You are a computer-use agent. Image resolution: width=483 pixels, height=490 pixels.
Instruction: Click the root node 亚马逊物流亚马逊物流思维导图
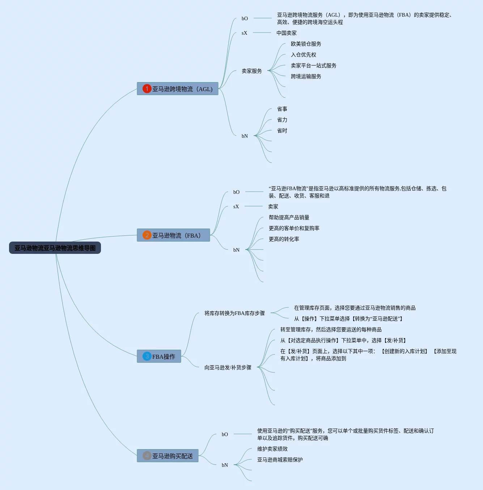click(x=55, y=248)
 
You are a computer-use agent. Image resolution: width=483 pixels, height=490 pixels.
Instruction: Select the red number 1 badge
click(x=147, y=89)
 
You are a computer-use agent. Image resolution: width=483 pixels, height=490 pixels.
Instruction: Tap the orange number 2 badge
click(x=147, y=235)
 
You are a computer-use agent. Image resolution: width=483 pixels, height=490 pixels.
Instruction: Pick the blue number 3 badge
click(x=147, y=356)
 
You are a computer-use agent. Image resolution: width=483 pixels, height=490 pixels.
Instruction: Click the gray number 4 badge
click(x=147, y=456)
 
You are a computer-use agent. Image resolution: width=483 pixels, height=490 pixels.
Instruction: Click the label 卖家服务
click(x=252, y=71)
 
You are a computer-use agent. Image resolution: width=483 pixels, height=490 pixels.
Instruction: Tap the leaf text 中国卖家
click(x=287, y=33)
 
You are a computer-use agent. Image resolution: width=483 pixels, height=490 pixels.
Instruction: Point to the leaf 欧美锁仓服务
click(x=306, y=44)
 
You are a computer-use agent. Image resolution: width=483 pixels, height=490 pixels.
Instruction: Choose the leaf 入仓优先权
click(x=303, y=55)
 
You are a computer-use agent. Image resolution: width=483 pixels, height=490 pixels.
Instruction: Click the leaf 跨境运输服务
click(x=306, y=77)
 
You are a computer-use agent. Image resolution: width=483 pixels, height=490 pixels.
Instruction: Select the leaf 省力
click(x=282, y=120)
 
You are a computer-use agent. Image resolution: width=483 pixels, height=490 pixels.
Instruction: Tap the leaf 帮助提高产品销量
click(x=289, y=217)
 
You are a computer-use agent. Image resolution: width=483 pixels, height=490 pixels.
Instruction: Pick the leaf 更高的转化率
click(x=284, y=239)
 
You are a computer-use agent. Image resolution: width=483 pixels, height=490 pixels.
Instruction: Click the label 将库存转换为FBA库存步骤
click(x=235, y=313)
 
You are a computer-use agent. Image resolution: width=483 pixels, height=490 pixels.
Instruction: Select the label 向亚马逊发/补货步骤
click(x=228, y=367)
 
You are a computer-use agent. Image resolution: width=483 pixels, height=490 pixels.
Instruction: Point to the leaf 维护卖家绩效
click(x=272, y=449)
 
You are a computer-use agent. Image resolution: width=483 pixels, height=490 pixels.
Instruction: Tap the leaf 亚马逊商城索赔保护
click(x=280, y=460)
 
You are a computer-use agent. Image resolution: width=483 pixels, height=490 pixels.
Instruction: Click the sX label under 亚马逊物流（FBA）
click(x=236, y=206)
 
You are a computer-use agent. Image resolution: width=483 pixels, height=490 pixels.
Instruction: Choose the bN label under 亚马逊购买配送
click(x=225, y=465)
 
